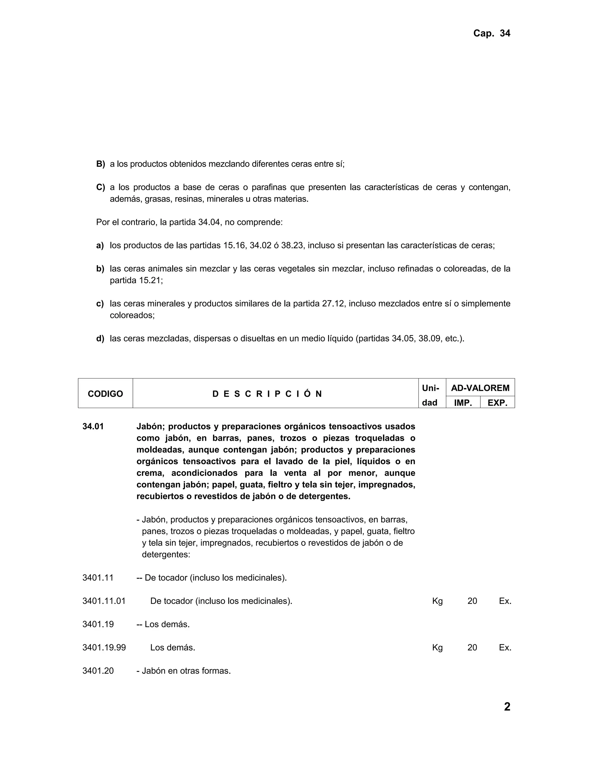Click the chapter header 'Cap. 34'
pyautogui.click(x=491, y=33)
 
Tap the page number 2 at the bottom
pyautogui.click(x=507, y=707)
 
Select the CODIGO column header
pyautogui.click(x=105, y=394)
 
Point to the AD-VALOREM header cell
pyautogui.click(x=480, y=388)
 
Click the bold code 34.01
pyautogui.click(x=93, y=427)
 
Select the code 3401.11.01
pyautogui.click(x=104, y=601)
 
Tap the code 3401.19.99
pyautogui.click(x=104, y=647)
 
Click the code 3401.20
pyautogui.click(x=98, y=671)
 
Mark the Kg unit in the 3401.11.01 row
pyautogui.click(x=438, y=601)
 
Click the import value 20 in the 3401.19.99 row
pyautogui.click(x=472, y=647)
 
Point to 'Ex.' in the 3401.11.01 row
pyautogui.click(x=505, y=601)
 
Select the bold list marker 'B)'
pyautogui.click(x=100, y=164)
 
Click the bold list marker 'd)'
pyautogui.click(x=100, y=338)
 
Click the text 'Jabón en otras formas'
pyautogui.click(x=186, y=671)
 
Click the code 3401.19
pyautogui.click(x=98, y=624)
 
